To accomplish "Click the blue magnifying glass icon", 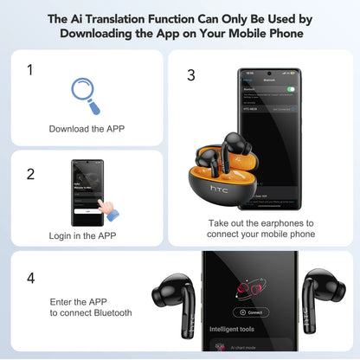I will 85,94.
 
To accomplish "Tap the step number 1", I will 30,70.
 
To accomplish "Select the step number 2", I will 30,174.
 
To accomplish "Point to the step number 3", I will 191,75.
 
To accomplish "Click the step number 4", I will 30,279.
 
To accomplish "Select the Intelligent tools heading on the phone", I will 231,330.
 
